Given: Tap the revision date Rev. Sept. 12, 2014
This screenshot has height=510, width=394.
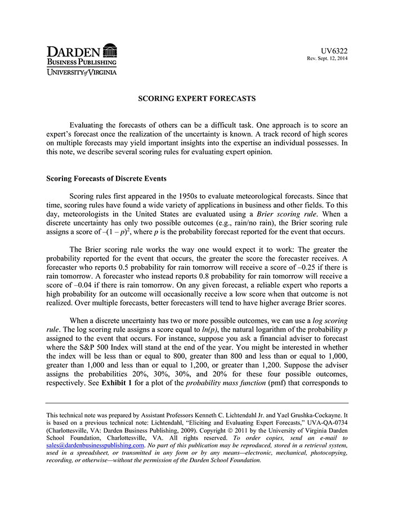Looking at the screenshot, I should pyautogui.click(x=327, y=59).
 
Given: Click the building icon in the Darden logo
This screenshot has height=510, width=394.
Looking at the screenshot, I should pyautogui.click(x=110, y=50).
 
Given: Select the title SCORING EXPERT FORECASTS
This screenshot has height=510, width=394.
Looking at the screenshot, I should pyautogui.click(x=197, y=99).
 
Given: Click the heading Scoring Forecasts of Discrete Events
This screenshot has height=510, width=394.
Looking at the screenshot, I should pyautogui.click(x=106, y=178).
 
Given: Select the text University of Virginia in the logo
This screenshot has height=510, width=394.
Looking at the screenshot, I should pyautogui.click(x=82, y=73).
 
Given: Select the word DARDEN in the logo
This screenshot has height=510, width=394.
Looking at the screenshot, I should pyautogui.click(x=74, y=51).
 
